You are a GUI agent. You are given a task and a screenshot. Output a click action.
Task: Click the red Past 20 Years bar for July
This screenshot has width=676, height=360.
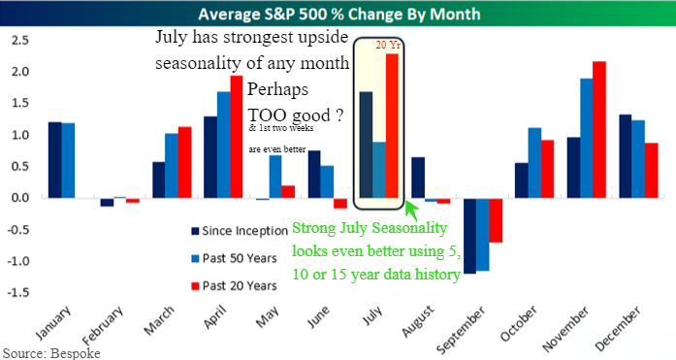392,126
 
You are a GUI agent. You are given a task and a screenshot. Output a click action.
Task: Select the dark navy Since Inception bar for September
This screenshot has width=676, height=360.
469,236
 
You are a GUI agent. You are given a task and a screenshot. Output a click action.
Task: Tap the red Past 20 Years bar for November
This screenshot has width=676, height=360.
599,130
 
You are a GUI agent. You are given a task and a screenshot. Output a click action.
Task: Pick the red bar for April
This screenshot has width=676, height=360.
237,137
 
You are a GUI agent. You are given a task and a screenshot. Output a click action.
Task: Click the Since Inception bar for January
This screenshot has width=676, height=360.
54,160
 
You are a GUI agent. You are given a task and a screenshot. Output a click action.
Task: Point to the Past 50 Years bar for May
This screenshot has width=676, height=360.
275,177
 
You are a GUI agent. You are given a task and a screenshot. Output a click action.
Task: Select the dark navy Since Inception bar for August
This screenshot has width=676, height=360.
418,178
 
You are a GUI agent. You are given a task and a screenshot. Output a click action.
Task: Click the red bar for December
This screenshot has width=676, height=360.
652,171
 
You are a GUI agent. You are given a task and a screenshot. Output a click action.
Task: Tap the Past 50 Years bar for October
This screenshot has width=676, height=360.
534,163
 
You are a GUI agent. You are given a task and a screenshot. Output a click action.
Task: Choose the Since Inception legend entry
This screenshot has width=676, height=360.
240,231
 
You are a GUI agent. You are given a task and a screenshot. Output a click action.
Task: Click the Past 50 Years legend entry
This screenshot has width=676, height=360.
234,258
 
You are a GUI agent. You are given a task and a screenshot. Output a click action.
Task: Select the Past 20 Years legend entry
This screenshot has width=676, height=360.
234,286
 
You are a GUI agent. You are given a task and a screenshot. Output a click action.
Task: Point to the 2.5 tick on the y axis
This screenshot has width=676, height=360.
19,41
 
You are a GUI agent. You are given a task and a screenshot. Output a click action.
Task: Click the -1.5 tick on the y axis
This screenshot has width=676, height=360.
17,293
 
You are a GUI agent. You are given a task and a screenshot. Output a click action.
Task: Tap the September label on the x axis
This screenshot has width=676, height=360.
460,330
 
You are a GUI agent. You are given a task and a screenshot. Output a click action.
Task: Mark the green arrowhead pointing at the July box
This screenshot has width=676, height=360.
411,207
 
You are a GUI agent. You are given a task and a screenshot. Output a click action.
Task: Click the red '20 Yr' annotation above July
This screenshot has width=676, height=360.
388,46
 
